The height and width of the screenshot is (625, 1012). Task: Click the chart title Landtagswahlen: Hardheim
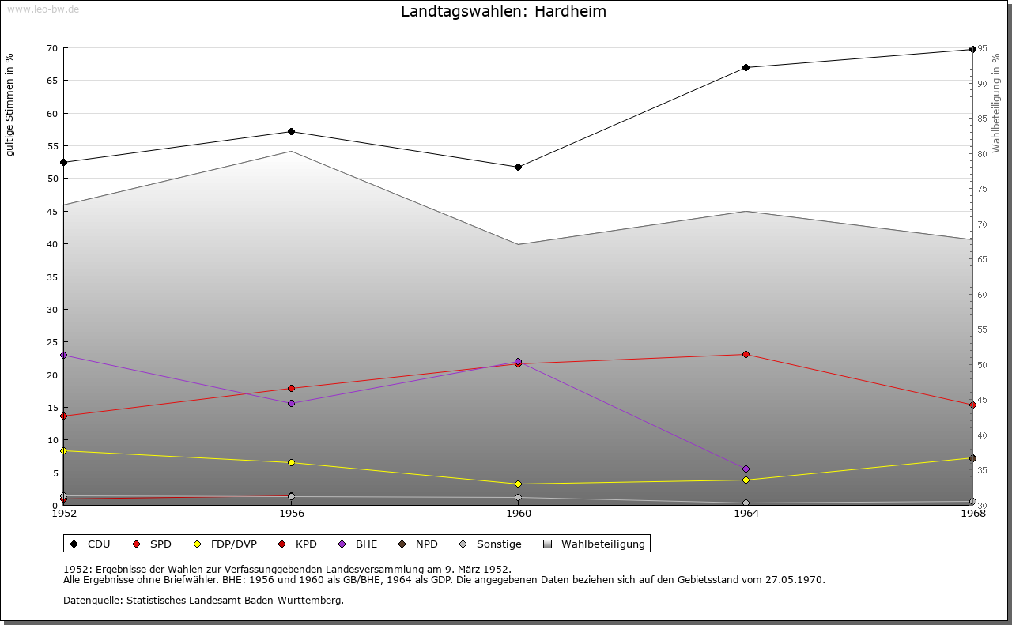pyautogui.click(x=504, y=12)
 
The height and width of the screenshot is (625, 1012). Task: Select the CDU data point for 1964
pyautogui.click(x=746, y=67)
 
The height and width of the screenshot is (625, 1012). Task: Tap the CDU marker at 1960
pyautogui.click(x=518, y=167)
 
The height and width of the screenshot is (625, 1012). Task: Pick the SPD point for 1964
pyautogui.click(x=746, y=354)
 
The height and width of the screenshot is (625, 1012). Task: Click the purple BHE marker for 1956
pyautogui.click(x=291, y=403)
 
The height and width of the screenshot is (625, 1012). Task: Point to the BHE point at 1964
pyautogui.click(x=746, y=469)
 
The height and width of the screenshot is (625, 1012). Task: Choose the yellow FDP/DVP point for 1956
pyautogui.click(x=291, y=462)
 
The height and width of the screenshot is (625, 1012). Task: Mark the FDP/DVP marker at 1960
pyautogui.click(x=518, y=484)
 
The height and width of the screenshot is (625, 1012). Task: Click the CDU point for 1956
pyautogui.click(x=291, y=131)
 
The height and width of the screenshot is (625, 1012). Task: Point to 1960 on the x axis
pyautogui.click(x=519, y=514)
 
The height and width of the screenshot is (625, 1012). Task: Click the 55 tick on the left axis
pyautogui.click(x=51, y=146)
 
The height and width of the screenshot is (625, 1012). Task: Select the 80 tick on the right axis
pyautogui.click(x=983, y=153)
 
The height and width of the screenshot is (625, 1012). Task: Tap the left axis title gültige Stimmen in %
pyautogui.click(x=10, y=104)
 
